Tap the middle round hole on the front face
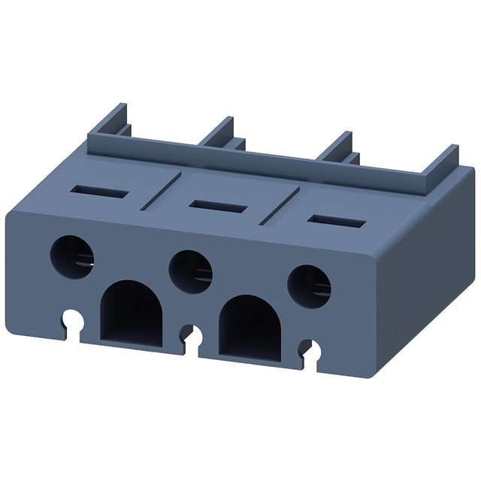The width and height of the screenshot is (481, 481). [190, 268]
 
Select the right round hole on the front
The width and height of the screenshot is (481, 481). [308, 283]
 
